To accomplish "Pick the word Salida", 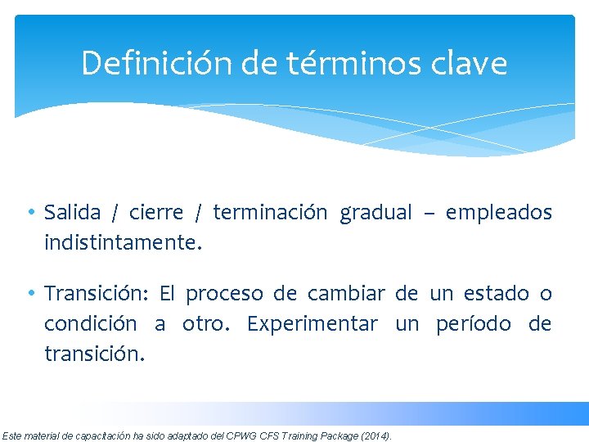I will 72,213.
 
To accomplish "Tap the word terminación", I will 270,213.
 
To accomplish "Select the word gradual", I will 376,213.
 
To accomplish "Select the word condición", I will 90,323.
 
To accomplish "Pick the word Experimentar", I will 312,324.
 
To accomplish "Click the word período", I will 477,324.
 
